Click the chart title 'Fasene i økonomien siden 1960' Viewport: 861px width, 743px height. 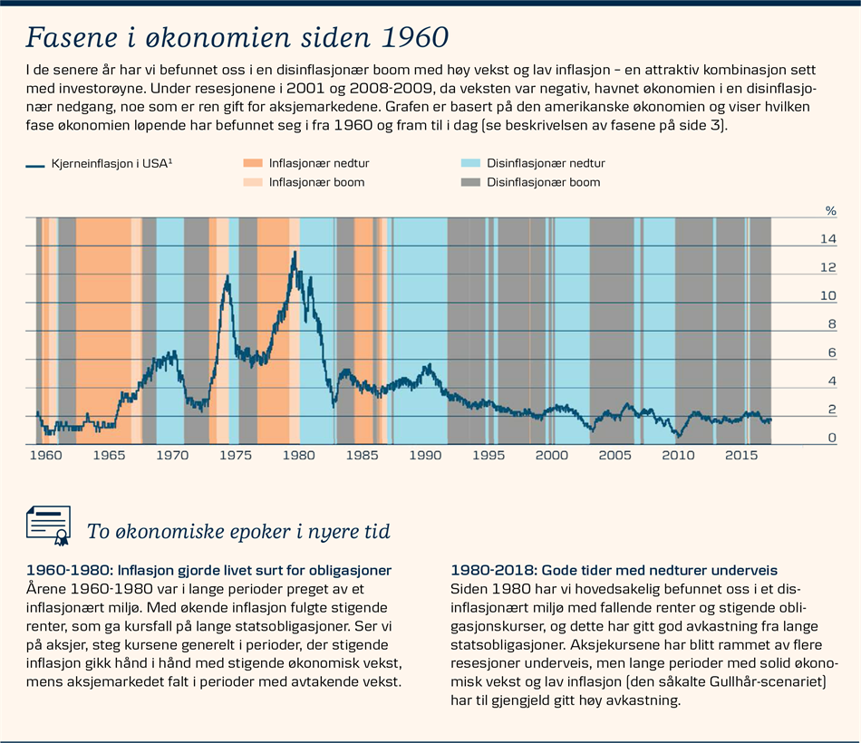click(237, 37)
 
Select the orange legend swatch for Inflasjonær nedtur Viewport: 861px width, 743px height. click(252, 163)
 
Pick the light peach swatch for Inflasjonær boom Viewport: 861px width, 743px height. click(252, 182)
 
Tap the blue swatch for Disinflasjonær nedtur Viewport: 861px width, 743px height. click(469, 163)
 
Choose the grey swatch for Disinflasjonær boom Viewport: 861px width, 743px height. click(469, 182)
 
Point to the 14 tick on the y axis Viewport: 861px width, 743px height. click(828, 239)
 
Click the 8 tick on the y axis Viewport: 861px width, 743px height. click(828, 324)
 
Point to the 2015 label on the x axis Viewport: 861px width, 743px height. click(741, 455)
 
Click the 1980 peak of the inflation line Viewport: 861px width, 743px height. click(294, 254)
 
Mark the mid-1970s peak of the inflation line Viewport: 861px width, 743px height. click(227, 275)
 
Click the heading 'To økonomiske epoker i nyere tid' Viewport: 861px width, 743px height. click(238, 532)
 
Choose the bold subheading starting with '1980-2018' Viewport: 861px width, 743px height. click(614, 570)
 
